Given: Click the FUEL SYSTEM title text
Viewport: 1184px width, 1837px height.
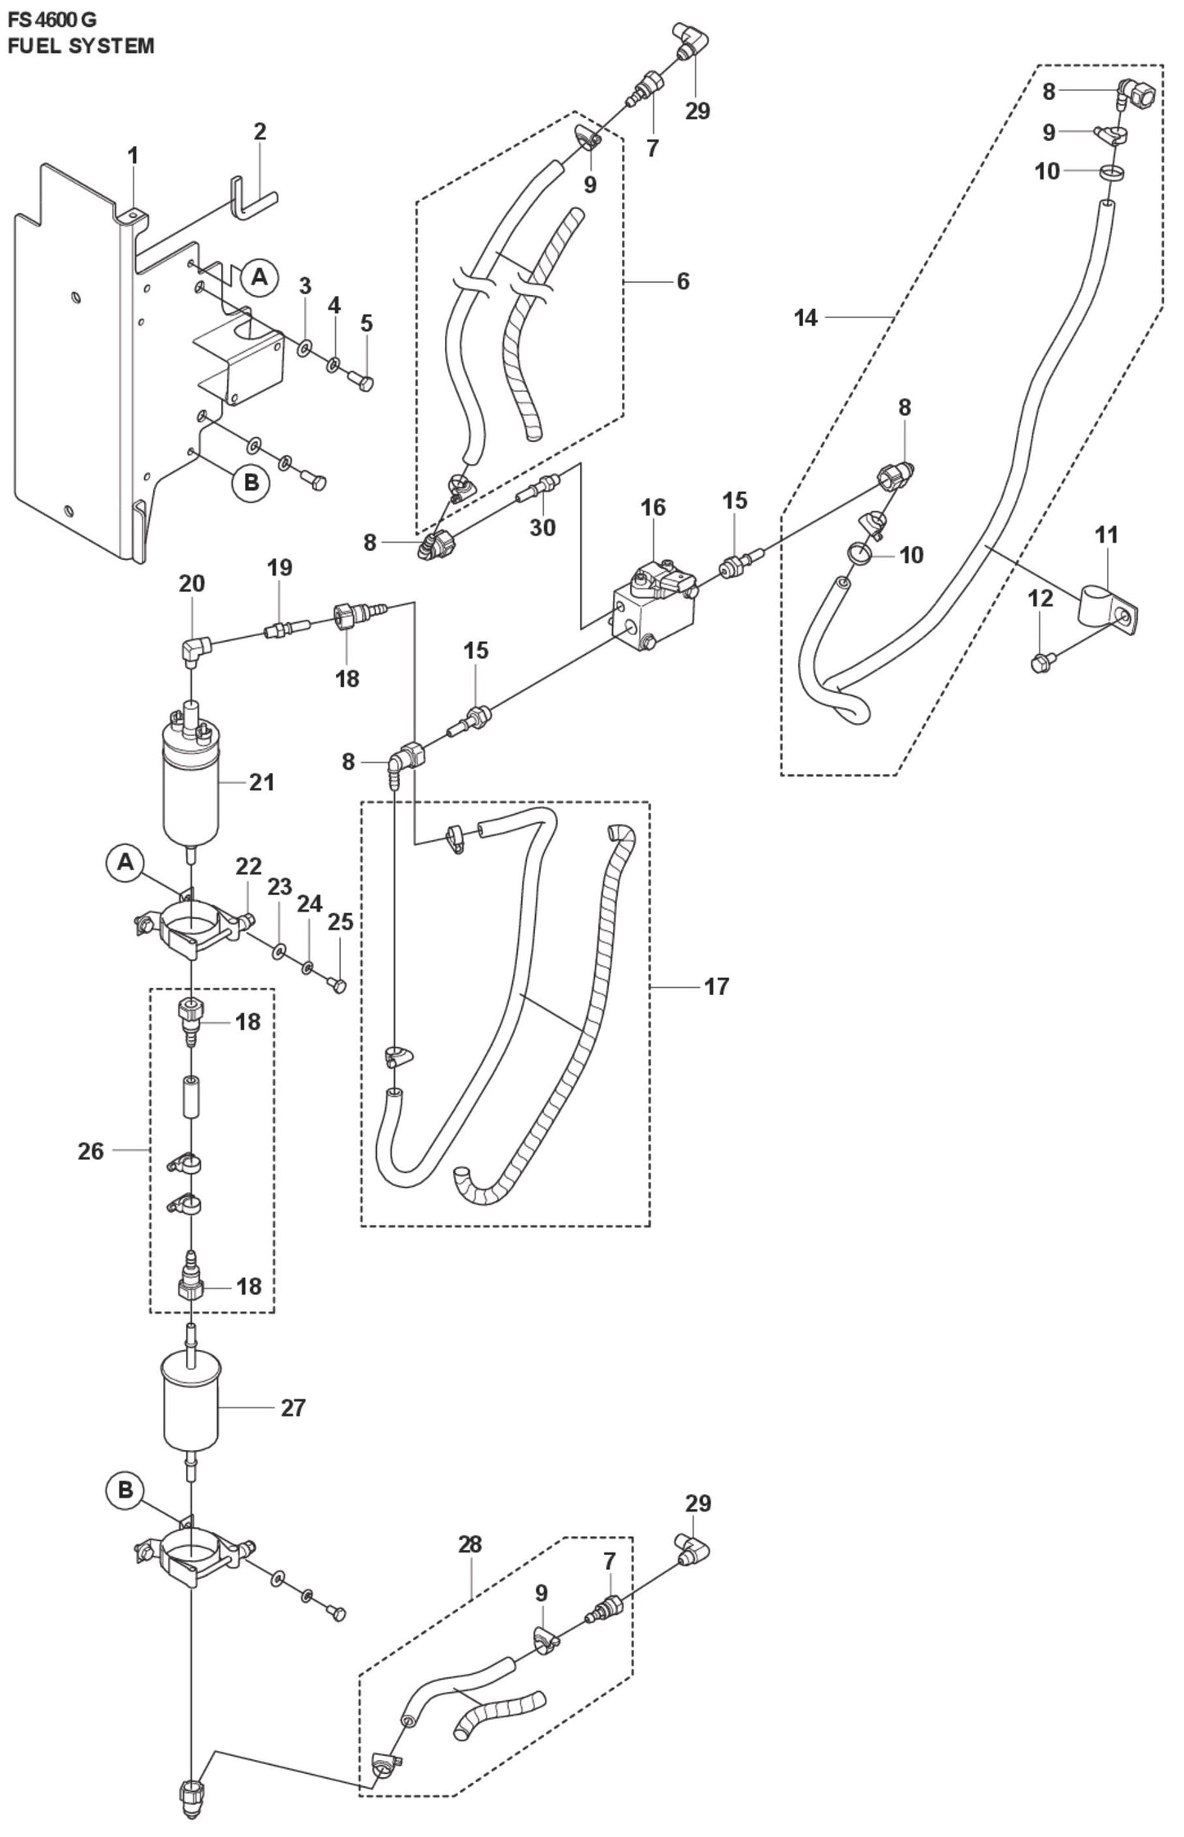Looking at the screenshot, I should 80,46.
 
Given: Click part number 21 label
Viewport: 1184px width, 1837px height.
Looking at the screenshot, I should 261,782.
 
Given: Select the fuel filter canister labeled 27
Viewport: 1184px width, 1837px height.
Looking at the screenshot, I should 191,1405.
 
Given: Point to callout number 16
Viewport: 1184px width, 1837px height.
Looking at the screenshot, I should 653,507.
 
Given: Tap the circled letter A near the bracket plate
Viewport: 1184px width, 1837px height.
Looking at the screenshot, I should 260,277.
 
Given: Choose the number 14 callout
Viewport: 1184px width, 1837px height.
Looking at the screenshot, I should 805,317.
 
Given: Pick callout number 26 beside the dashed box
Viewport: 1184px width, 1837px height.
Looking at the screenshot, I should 91,1151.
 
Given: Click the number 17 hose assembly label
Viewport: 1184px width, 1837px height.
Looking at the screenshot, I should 716,986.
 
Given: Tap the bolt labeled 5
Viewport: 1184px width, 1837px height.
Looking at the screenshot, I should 361,381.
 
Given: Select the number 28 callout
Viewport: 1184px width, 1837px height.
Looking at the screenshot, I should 470,1544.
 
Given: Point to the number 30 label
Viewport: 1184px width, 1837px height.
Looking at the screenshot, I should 542,527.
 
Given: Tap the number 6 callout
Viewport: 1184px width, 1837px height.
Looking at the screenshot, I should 683,281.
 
